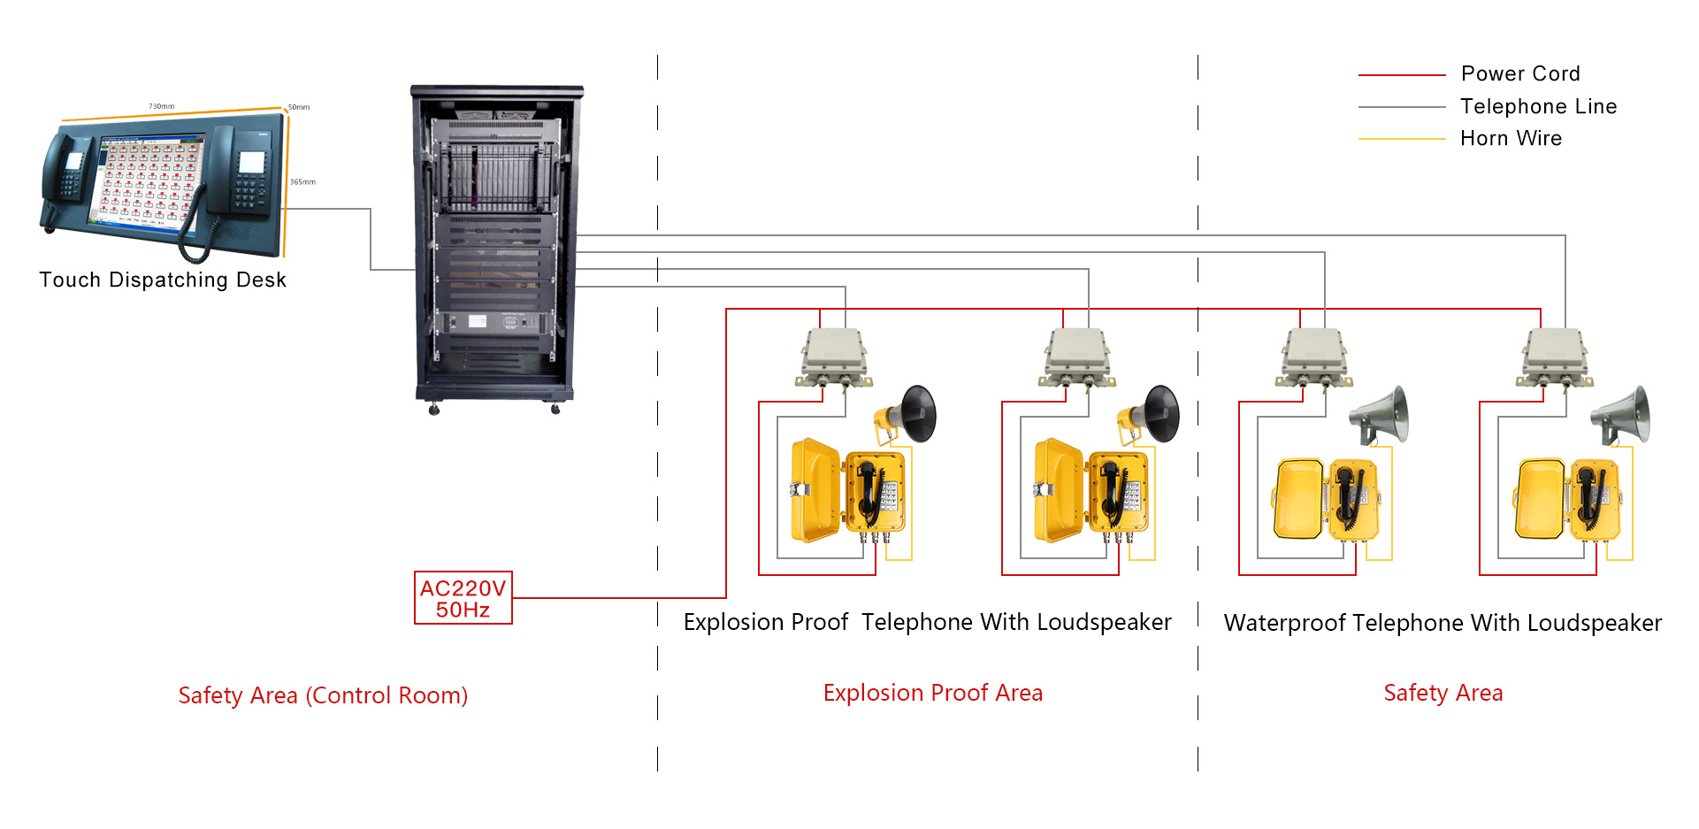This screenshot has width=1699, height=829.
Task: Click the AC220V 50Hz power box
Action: pos(463,598)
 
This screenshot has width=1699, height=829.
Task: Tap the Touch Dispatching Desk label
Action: pos(163,280)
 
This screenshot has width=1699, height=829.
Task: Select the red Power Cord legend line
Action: pos(1402,75)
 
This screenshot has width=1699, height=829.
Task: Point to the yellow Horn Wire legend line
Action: pos(1402,139)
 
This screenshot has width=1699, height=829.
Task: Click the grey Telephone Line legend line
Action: pos(1402,107)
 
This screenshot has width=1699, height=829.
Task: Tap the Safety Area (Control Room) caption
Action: pos(323,695)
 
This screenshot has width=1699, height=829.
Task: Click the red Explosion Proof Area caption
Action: pos(933,693)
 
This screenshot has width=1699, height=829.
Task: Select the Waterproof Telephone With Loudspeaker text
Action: pos(1443,623)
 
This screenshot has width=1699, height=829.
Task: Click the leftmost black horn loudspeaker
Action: pos(906,414)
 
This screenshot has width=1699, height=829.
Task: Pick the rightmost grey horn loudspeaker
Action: pos(1620,414)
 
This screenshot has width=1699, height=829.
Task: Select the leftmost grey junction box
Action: pos(834,357)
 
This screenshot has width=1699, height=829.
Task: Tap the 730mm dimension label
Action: pos(162,106)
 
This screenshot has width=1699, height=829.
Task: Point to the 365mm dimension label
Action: pos(302,181)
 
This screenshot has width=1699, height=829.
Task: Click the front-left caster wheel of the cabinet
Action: pos(434,410)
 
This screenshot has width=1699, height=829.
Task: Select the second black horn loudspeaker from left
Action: pos(1148,414)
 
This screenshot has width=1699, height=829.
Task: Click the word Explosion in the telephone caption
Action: pos(728,622)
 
